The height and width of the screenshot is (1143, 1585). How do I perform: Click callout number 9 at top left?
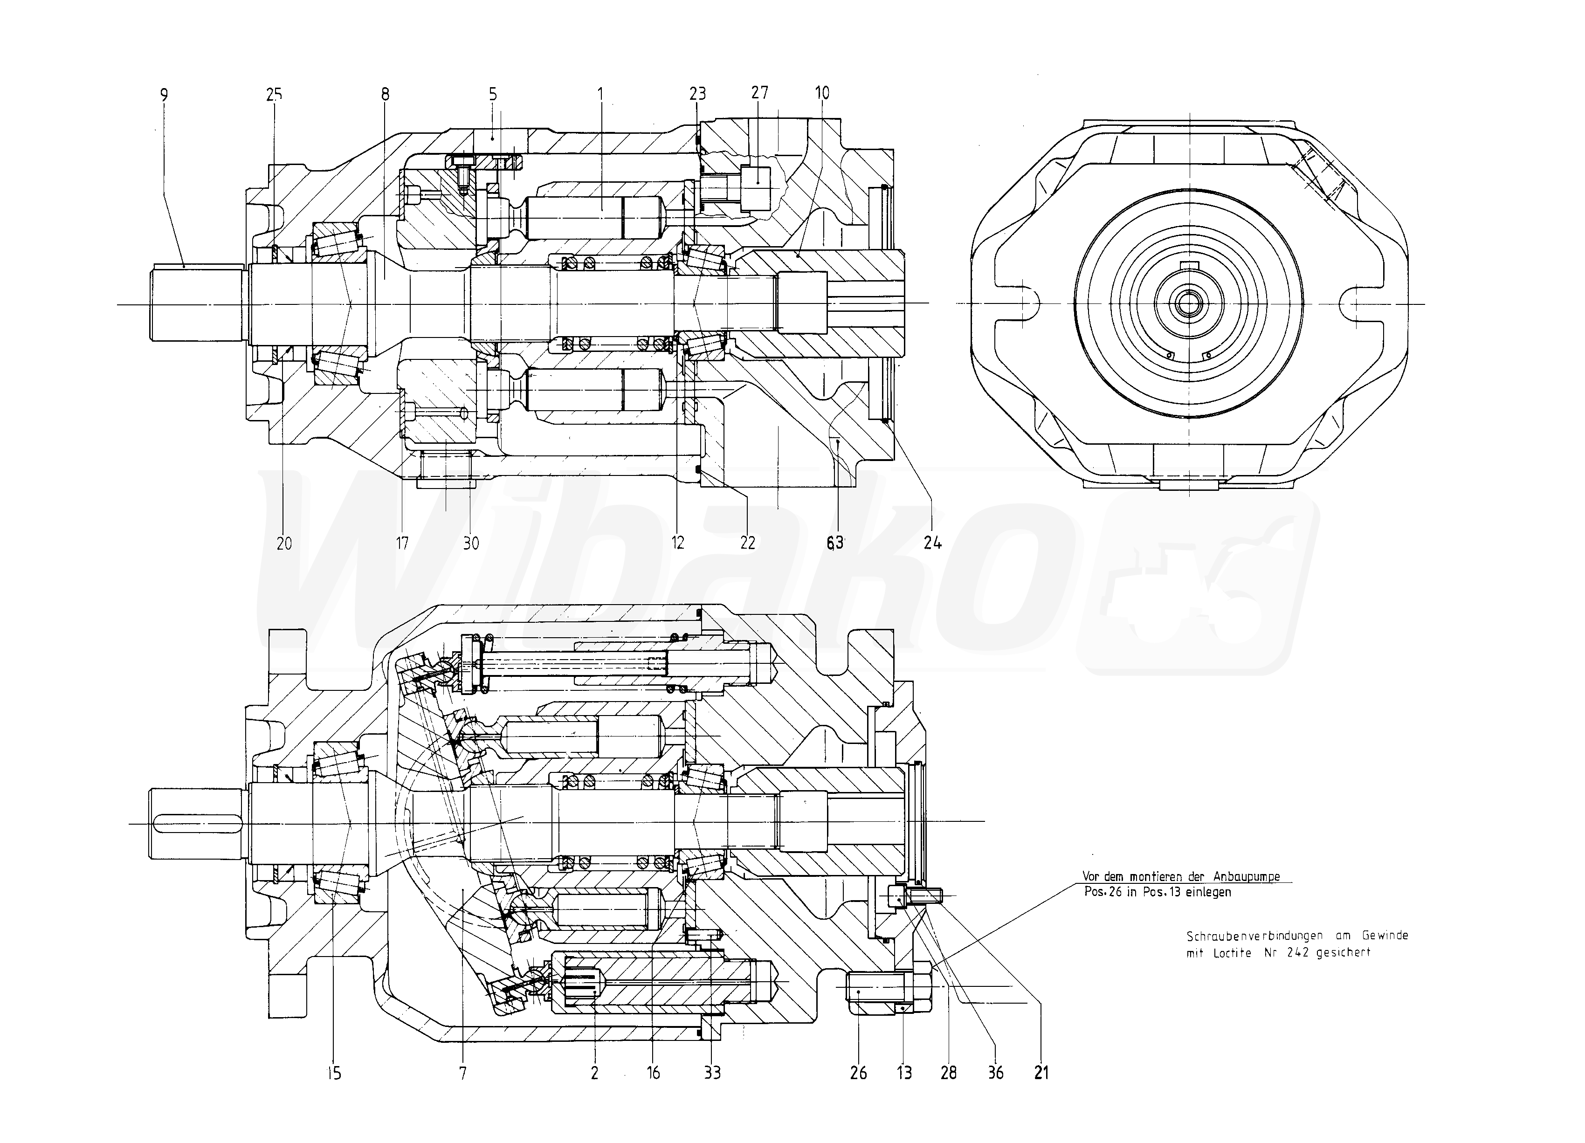[164, 94]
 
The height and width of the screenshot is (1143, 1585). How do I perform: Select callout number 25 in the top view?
[274, 94]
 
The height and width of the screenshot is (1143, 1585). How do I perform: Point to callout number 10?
[822, 93]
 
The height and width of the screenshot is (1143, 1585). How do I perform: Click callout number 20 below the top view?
[284, 543]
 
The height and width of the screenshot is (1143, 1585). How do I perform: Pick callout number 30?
[471, 543]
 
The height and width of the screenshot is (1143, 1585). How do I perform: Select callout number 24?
[932, 543]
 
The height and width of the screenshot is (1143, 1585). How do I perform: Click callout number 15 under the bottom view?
[334, 1073]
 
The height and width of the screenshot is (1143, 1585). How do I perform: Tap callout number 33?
[712, 1073]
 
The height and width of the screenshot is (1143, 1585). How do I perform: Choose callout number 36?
[995, 1073]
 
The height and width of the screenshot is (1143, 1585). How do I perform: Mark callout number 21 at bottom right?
[1041, 1073]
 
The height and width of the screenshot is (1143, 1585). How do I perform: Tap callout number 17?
[402, 543]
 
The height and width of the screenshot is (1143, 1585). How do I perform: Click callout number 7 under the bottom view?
[462, 1073]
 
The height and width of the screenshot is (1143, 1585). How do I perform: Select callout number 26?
[858, 1073]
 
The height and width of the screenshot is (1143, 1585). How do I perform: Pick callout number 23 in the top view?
[697, 94]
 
